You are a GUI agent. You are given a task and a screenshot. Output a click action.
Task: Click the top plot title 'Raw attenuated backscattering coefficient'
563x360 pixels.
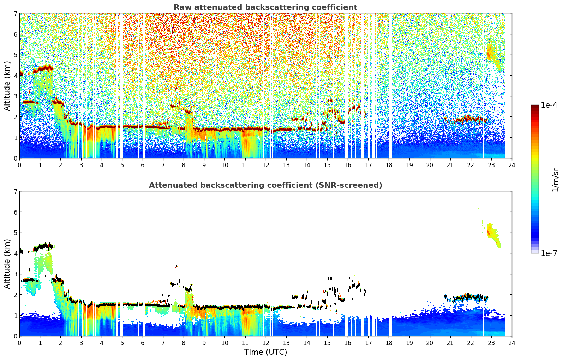[265, 7]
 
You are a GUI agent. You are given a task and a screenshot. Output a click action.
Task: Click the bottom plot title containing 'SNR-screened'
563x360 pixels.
[265, 185]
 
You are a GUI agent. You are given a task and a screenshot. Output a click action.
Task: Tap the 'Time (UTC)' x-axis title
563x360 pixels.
[265, 352]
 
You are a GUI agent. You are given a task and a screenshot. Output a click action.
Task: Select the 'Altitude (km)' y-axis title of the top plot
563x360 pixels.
[7, 86]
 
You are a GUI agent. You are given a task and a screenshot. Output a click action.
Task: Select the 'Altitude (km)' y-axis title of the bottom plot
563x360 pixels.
[7, 264]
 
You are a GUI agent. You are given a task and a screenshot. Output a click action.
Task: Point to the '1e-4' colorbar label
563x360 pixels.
[549, 105]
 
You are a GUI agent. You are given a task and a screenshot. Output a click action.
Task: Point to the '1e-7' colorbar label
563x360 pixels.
[549, 253]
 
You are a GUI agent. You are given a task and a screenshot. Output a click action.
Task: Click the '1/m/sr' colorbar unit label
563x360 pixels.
[555, 180]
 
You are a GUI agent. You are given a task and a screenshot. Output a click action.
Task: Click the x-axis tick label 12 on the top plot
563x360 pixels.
[266, 165]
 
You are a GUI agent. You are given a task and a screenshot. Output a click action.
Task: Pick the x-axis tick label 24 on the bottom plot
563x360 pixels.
[512, 343]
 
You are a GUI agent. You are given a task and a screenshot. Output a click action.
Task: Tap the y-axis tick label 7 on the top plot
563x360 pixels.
[16, 13]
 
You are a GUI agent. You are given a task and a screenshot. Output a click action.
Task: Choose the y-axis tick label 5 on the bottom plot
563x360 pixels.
[16, 233]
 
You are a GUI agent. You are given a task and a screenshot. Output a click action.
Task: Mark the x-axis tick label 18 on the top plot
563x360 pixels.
[389, 165]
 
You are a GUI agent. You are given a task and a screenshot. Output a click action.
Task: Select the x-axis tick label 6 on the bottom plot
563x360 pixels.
[143, 343]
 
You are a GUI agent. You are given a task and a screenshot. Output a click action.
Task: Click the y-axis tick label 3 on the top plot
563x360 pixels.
[16, 96]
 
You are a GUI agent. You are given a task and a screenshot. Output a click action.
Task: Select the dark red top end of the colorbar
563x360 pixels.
[535, 107]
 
